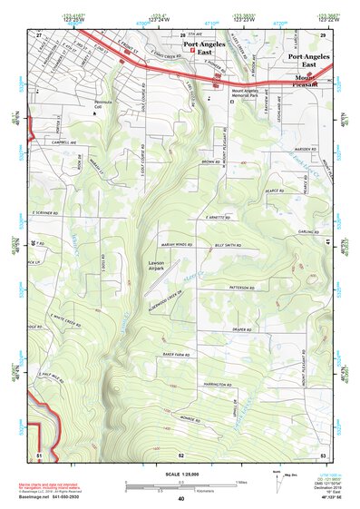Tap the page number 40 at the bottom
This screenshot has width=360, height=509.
coord(181,498)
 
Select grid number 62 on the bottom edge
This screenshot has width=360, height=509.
coord(181,454)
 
